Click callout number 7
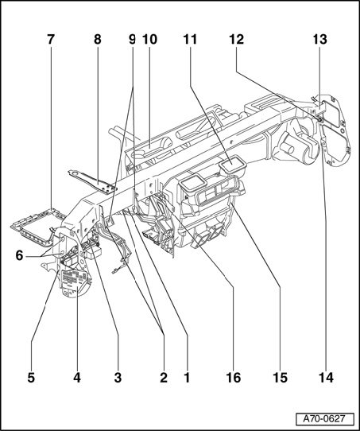51,39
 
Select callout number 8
97,39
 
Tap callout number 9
133,39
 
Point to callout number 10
150,39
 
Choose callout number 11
191,39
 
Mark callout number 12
237,39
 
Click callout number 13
320,39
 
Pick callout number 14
326,378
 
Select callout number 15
280,378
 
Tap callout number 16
234,378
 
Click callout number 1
187,378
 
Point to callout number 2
164,378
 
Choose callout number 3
118,378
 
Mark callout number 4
77,378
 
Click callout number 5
31,378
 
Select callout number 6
19,255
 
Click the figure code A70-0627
323,419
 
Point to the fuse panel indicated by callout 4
74,280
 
